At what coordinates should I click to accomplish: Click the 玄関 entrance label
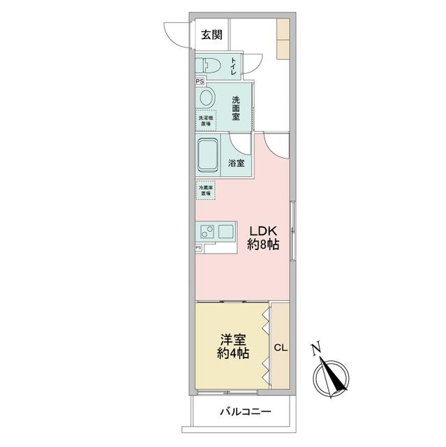coord(211,35)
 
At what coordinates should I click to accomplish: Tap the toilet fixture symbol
coord(209,65)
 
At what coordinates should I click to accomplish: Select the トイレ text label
coord(232,67)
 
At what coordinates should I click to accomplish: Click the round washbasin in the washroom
coord(207,97)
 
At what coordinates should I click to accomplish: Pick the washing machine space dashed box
coord(206,119)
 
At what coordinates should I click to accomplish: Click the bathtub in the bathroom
coord(209,154)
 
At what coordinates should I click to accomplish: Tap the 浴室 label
coord(237,163)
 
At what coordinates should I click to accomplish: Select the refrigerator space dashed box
coord(205,189)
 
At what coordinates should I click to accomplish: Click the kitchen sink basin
coord(228,231)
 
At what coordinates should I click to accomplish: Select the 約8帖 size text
coord(264,245)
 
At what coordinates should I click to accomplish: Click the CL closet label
coord(281,347)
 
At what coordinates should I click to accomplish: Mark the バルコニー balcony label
coord(242,412)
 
